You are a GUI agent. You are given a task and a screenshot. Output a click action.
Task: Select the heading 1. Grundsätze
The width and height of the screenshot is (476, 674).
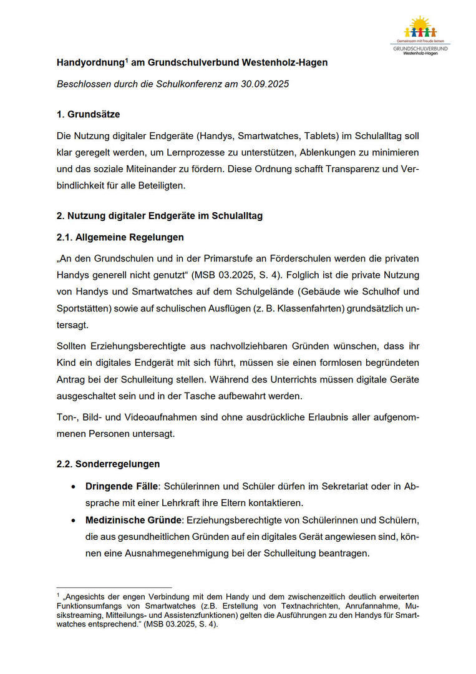pos(88,114)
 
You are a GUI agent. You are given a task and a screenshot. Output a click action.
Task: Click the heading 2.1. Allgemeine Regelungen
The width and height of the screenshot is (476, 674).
pos(120,237)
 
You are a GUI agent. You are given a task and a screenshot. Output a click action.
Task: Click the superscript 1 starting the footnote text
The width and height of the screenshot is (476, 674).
pos(58,595)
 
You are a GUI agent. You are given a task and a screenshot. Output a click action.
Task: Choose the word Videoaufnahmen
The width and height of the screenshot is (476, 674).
pos(153,416)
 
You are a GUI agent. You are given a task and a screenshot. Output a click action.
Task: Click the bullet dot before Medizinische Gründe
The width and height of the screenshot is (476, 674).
pos(74,520)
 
